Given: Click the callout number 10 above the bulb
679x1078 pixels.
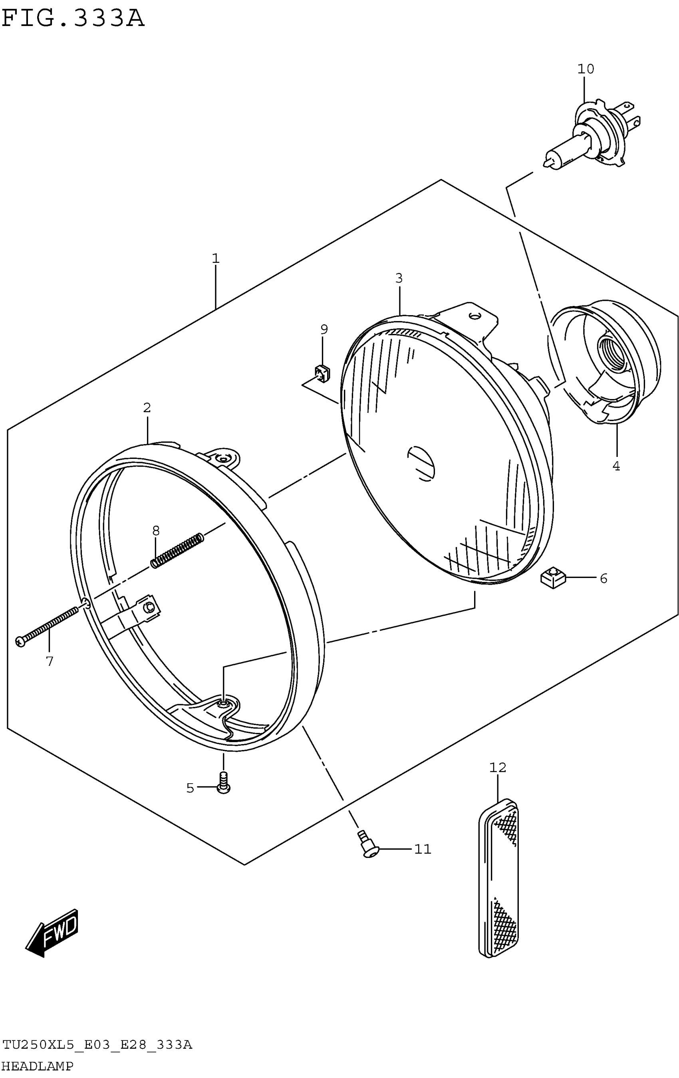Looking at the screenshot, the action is click(x=585, y=69).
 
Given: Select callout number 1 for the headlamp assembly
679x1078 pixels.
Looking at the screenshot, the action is click(x=216, y=258).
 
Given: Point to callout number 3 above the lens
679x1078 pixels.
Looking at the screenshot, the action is click(x=399, y=278).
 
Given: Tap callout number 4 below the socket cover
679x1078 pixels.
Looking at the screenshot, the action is click(x=616, y=466).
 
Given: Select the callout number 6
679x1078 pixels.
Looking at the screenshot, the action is click(x=604, y=578).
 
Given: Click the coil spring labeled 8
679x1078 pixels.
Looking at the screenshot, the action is click(x=178, y=550).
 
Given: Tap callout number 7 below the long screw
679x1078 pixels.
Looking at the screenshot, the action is click(x=50, y=661).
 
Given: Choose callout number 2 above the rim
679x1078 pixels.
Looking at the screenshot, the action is click(x=147, y=408).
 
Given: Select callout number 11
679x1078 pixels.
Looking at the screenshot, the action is click(x=422, y=849).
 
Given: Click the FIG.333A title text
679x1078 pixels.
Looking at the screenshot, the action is click(x=73, y=19).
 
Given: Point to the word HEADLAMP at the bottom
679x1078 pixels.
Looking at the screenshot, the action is click(x=38, y=1066).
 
